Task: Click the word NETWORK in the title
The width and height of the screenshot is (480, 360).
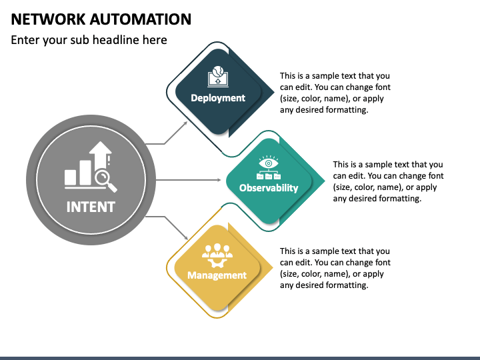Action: click(x=48, y=19)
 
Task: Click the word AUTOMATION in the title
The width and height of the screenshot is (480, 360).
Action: click(x=141, y=19)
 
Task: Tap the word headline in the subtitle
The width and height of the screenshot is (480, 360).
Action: click(x=116, y=40)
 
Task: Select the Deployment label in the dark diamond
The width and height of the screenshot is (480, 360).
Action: click(x=218, y=98)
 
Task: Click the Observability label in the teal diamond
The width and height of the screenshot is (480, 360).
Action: click(x=269, y=187)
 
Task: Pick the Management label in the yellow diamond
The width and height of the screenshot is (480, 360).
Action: click(x=217, y=275)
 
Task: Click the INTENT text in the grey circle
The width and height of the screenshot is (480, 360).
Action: click(x=91, y=207)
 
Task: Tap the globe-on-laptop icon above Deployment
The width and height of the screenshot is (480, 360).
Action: click(x=217, y=76)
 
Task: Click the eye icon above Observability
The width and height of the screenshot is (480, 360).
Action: click(x=269, y=163)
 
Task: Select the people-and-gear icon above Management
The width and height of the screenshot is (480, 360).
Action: click(x=217, y=255)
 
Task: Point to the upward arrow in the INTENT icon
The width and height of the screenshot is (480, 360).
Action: click(x=101, y=162)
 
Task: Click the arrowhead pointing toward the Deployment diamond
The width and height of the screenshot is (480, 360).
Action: click(x=185, y=123)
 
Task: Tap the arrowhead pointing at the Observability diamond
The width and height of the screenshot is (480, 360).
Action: click(x=219, y=180)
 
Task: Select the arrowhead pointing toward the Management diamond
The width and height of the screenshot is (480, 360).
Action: click(x=185, y=237)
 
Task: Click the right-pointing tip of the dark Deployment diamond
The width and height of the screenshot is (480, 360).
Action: click(x=274, y=92)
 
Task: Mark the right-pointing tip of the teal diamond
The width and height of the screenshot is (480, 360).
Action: click(x=325, y=181)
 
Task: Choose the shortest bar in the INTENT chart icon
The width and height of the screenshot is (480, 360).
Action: click(x=71, y=177)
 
